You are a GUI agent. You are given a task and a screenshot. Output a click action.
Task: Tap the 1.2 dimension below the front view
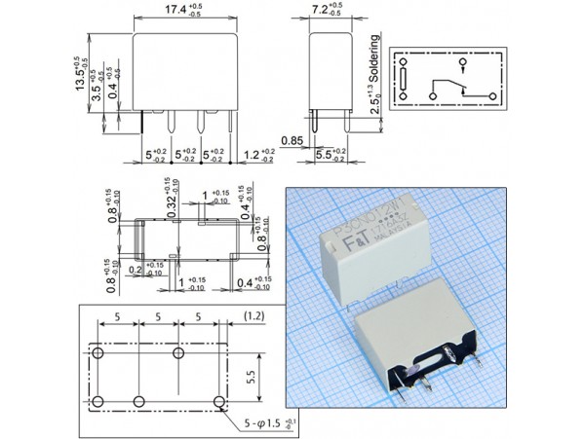tap(253, 153)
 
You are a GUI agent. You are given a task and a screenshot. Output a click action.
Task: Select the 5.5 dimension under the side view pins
tap(327, 153)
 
